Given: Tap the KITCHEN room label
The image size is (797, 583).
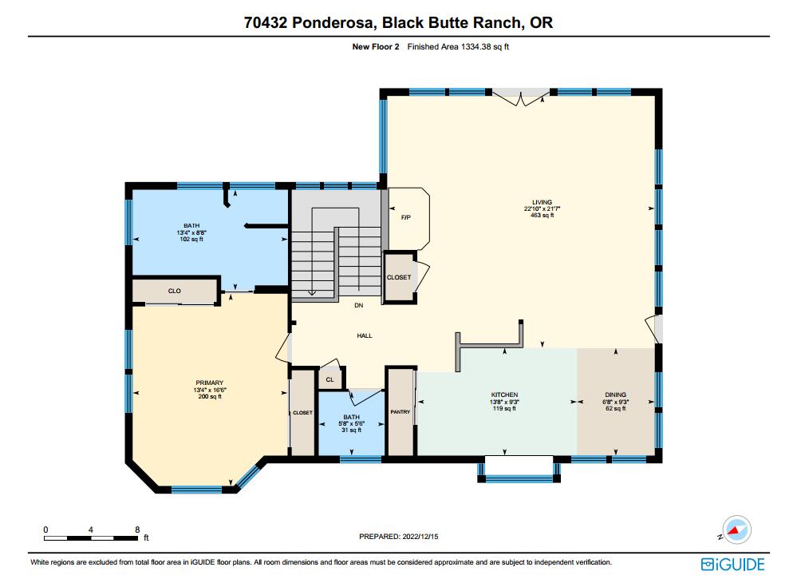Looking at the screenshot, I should pyautogui.click(x=504, y=395).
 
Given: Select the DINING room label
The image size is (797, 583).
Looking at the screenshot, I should pyautogui.click(x=615, y=395).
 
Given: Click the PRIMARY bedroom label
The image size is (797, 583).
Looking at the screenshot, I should pyautogui.click(x=209, y=383).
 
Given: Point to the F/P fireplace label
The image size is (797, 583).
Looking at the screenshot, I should pyautogui.click(x=404, y=217).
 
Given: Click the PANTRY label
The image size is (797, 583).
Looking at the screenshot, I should pyautogui.click(x=400, y=412).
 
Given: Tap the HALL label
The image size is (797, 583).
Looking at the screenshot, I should pyautogui.click(x=365, y=335).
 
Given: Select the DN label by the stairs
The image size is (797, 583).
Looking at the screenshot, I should pyautogui.click(x=359, y=305).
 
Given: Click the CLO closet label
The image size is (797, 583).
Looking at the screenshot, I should pyautogui.click(x=174, y=291).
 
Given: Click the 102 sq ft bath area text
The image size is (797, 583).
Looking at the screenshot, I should pyautogui.click(x=191, y=239).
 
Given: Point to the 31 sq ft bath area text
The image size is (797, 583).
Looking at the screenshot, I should pyautogui.click(x=352, y=430).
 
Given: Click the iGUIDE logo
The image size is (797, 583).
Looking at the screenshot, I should pyautogui.click(x=732, y=565).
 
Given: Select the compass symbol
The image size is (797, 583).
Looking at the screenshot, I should pyautogui.click(x=737, y=529).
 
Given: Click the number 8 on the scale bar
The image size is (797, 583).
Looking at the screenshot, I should pyautogui.click(x=137, y=529).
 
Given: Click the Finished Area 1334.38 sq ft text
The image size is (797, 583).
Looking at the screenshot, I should pyautogui.click(x=458, y=47).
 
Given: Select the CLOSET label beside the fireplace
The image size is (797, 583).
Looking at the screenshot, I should pyautogui.click(x=399, y=277).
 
